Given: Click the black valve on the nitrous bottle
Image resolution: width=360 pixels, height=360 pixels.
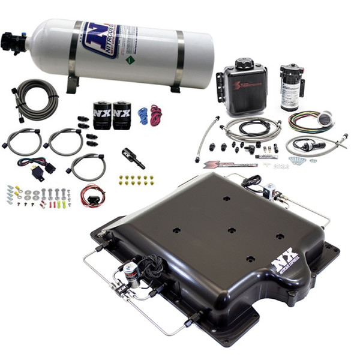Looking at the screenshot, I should click(x=12, y=42).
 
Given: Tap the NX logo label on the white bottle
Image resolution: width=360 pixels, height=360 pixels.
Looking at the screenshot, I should click(x=99, y=40).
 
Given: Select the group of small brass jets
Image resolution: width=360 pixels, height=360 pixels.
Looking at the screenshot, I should click(x=136, y=179).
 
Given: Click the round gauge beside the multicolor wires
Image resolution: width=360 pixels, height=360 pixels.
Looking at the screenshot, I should click(x=326, y=119).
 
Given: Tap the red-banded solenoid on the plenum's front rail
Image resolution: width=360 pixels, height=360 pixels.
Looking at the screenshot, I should click(x=130, y=273).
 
